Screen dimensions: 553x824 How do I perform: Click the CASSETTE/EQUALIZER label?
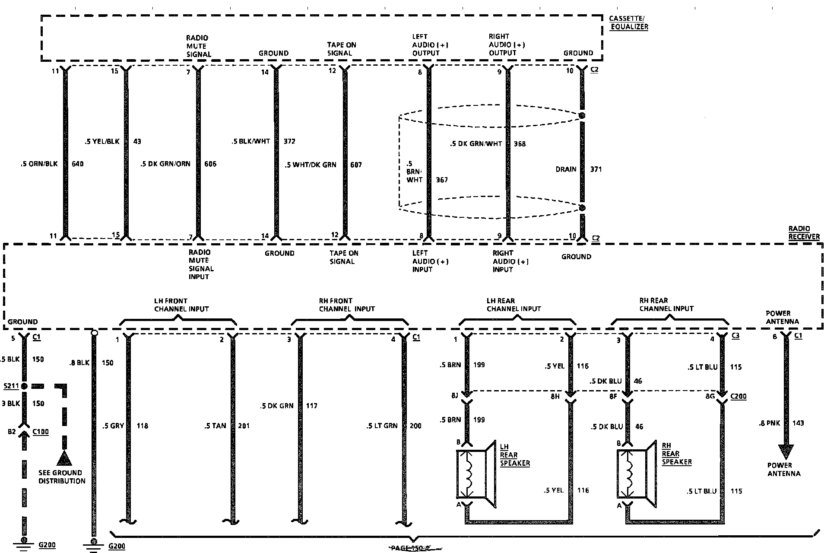pos(628,22)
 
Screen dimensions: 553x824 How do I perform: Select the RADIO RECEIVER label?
pos(804,232)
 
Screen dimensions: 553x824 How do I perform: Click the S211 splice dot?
pos(24,386)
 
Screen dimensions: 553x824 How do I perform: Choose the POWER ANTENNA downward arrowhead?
pos(786,452)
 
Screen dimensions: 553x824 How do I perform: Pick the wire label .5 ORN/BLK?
pos(39,164)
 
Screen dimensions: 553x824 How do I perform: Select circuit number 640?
pos(78,164)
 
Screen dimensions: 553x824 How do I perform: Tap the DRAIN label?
pos(566,169)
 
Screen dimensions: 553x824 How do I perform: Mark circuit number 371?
pos(596,169)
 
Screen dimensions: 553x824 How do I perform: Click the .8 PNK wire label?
pos(770,423)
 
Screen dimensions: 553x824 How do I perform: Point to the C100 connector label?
pos(41,432)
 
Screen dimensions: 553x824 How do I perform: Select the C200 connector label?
pos(738,396)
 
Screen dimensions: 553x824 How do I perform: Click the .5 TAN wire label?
pos(215,426)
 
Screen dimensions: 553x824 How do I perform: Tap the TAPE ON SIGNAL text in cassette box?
pos(341,49)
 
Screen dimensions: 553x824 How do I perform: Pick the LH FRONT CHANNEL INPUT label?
pos(181,305)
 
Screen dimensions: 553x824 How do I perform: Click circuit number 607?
pos(356,165)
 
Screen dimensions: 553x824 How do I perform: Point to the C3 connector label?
pos(735,335)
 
